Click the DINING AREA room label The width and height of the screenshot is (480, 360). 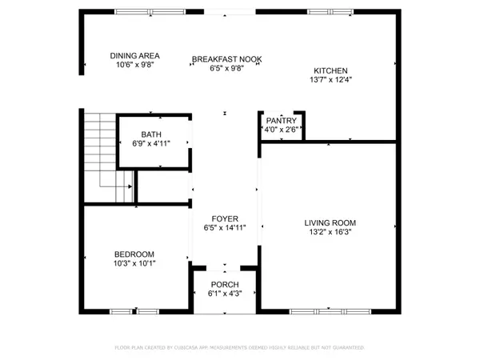point(134,55)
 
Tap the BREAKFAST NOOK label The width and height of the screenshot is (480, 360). point(227,59)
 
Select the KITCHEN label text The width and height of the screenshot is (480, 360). point(330,70)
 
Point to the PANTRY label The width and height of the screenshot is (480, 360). point(281,120)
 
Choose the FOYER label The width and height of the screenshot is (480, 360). point(224,218)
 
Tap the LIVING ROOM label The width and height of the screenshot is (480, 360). point(330,222)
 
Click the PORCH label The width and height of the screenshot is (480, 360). point(224,285)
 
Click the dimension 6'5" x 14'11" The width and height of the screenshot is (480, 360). point(224,228)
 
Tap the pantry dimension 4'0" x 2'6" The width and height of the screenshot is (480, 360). point(281,129)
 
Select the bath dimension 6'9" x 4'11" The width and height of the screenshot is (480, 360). point(150,144)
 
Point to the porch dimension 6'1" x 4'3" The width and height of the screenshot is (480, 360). point(224,294)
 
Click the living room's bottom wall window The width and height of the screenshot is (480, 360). point(314,310)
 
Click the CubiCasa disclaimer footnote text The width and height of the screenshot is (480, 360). point(240,348)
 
